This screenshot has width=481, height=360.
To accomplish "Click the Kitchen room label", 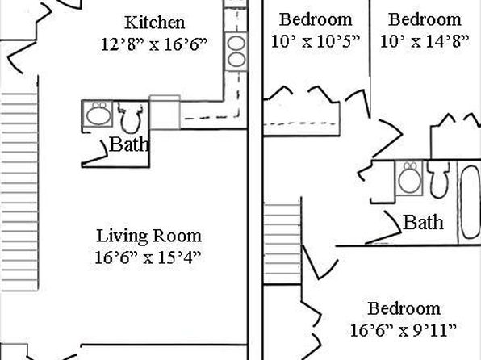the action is pos(155,23).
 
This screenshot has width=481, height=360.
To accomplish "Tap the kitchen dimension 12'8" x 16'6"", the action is pos(154,44).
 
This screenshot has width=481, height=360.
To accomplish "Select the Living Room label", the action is pos(149,236).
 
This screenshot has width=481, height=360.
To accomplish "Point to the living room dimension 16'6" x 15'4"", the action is pos(148,257).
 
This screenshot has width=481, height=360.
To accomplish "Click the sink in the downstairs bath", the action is pos(98,114).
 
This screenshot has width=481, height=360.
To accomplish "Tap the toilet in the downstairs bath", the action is pos(131,119).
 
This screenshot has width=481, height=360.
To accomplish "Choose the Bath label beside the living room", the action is pos(129,144).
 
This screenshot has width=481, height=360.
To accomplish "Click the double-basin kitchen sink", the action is pos(236,52).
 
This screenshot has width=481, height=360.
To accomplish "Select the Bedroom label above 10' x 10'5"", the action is pos(316,19).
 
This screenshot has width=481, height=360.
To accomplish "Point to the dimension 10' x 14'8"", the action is pos(425,41).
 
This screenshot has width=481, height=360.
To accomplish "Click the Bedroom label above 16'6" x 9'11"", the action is pos(404,308).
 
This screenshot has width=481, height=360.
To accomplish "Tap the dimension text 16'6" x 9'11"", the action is pos(403,330).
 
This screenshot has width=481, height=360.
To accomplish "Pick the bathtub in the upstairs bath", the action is pos(471,202).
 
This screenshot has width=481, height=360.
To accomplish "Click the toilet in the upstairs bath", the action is pos(439,179).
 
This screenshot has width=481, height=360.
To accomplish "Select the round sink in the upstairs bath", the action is pos(409,178).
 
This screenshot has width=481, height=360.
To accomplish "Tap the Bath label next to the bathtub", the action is pos(424,222).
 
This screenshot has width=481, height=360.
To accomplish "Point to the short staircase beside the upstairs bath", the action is pos(282,242).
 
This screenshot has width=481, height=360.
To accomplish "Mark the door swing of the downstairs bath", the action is pos(97,153).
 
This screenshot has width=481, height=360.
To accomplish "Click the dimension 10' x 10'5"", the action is pos(316,41).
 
